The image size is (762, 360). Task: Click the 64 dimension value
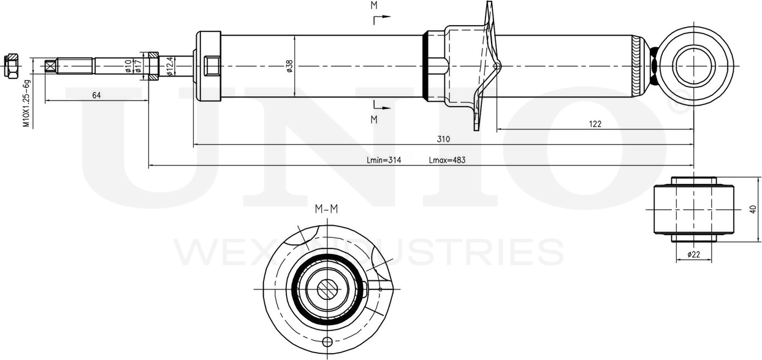tap(96, 94)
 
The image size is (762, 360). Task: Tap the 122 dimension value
tap(595, 123)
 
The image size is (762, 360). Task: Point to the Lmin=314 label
tap(384, 160)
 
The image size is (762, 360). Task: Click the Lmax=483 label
tap(448, 160)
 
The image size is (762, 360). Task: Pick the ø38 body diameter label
tap(289, 66)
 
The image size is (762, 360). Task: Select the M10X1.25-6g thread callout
tap(26, 103)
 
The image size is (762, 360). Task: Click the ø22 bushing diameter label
tap(693, 253)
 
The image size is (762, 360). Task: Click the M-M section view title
tap(326, 209)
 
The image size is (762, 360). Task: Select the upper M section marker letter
tap(373, 6)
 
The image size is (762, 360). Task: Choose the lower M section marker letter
tap(373, 119)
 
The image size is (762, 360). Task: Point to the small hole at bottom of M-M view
tap(327, 342)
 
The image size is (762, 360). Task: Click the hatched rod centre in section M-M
tap(327, 287)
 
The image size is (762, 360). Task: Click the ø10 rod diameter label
tap(128, 65)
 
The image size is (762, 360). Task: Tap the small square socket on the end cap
tap(213, 64)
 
